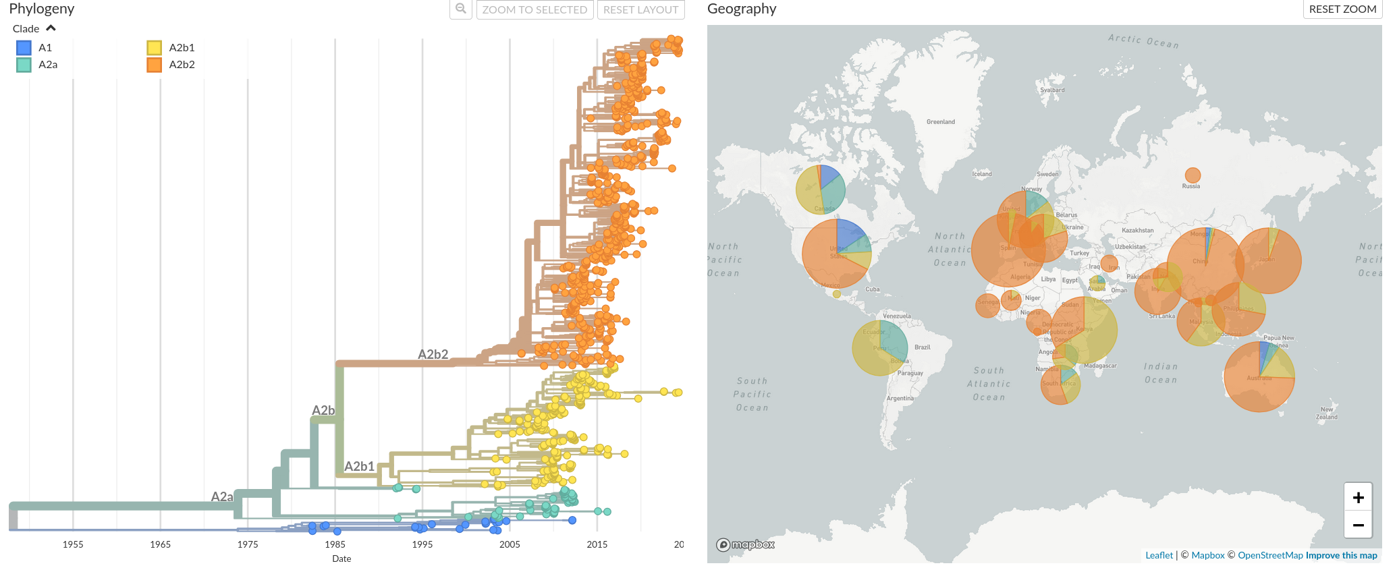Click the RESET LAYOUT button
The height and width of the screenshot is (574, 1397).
[640, 9]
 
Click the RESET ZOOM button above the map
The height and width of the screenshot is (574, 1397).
[1342, 9]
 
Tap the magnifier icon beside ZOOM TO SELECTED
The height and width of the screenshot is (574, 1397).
[461, 9]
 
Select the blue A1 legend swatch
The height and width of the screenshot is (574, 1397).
[24, 48]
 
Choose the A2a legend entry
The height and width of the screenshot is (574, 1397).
[47, 65]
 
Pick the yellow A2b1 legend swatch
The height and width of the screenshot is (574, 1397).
[155, 48]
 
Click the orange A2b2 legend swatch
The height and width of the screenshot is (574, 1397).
[155, 65]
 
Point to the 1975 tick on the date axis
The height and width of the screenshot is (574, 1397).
[248, 544]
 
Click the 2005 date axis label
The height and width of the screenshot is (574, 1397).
[510, 544]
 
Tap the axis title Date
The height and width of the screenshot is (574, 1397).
[341, 558]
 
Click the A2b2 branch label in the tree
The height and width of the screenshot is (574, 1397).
[433, 354]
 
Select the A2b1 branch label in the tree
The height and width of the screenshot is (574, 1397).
[359, 466]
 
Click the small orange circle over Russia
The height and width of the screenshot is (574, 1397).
[1193, 175]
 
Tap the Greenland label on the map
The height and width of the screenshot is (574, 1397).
[940, 122]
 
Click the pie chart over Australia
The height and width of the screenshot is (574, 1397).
[1259, 376]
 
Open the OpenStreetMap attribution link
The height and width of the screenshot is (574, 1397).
[1270, 555]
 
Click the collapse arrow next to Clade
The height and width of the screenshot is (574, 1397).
[51, 28]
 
